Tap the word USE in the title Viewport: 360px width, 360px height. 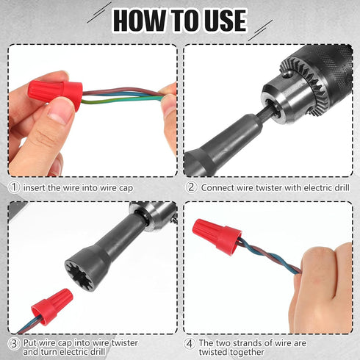pyautogui.click(x=220, y=20)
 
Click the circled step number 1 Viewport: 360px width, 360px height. pyautogui.click(x=14, y=187)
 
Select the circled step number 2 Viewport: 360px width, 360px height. pyautogui.click(x=190, y=187)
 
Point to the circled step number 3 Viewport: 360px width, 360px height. pyautogui.click(x=14, y=343)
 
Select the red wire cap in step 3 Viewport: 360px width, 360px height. pyautogui.click(x=51, y=306)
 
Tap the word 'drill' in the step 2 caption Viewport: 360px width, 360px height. pyautogui.click(x=335, y=187)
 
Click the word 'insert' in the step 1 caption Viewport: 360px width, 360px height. pyautogui.click(x=36, y=187)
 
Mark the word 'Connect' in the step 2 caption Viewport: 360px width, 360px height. pyautogui.click(x=220, y=187)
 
